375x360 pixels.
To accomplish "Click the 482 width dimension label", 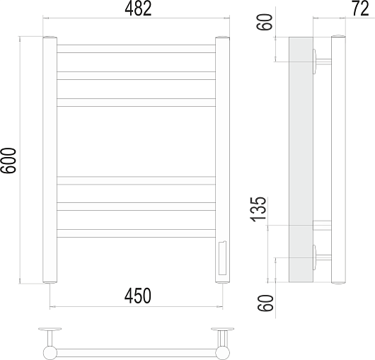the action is click(x=138, y=9).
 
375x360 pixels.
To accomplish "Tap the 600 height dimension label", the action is click(x=8, y=161).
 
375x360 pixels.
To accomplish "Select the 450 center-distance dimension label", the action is click(x=138, y=296).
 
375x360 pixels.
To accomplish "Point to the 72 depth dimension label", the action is click(x=360, y=8).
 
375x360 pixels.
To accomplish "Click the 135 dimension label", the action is click(x=258, y=209).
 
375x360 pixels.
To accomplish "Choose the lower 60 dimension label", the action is click(x=265, y=303).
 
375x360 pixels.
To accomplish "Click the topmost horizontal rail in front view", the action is click(x=136, y=49).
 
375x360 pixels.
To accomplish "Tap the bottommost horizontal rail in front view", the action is click(x=136, y=233).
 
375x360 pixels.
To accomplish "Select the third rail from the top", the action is click(x=136, y=103).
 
